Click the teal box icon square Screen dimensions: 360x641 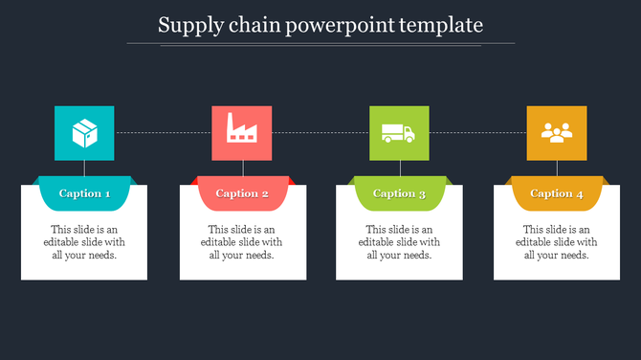pos(84,133)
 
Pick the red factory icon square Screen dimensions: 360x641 pos(242,133)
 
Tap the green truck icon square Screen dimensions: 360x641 pos(399,133)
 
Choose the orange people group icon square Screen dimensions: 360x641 pos(556,133)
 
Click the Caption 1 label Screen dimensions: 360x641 pos(84,193)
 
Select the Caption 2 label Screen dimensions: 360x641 pos(242,193)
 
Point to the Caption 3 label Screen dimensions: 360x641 pos(399,193)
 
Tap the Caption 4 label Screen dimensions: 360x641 pos(556,193)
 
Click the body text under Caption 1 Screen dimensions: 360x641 pos(84,242)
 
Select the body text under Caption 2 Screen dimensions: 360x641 pos(242,242)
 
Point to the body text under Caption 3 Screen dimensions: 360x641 pos(399,242)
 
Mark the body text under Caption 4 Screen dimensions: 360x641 pos(556,242)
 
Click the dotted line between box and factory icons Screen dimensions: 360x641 pos(163,132)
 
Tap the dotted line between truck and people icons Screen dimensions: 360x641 pos(477,132)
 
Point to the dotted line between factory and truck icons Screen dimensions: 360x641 pos(320,132)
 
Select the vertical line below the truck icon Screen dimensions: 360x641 pos(400,169)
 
